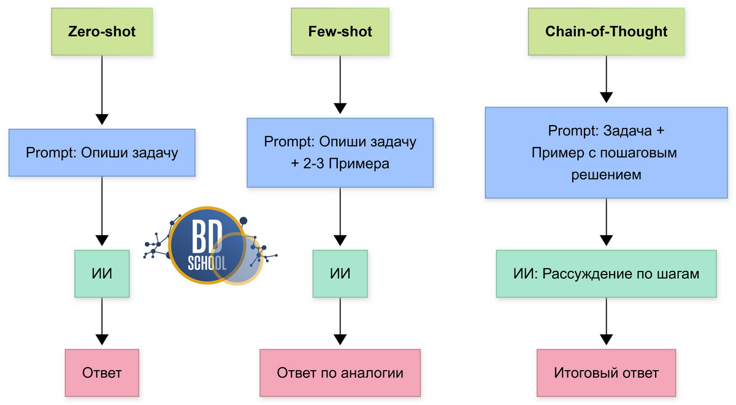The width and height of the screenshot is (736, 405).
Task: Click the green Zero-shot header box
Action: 102,32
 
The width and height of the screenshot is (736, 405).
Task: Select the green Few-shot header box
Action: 340,32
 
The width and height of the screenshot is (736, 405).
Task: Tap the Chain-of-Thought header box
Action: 606,32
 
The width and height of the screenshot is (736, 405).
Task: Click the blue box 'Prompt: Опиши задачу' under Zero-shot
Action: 102,152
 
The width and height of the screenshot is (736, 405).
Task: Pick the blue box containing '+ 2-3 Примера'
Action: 340,153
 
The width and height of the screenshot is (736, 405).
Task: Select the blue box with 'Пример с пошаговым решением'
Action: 606,153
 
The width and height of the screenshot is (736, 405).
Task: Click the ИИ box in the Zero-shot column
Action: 102,273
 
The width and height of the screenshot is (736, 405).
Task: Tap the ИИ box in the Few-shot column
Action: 340,273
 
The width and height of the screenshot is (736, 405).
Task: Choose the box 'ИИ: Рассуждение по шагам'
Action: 606,273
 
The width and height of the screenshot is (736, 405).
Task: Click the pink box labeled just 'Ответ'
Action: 102,373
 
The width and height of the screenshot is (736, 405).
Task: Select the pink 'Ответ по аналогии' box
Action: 340,373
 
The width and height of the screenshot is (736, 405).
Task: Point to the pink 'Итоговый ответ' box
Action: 606,373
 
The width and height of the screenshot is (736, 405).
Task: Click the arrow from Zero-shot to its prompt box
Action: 102,92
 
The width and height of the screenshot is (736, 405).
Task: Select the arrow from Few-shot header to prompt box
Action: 340,86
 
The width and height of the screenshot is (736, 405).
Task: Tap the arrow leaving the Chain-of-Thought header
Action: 606,80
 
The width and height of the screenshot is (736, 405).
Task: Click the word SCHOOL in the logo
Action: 206,262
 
